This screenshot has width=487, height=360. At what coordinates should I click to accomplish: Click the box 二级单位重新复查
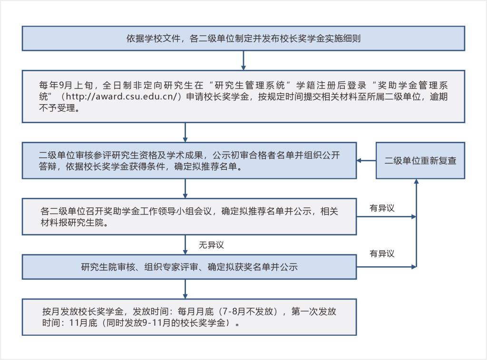(x=420, y=161)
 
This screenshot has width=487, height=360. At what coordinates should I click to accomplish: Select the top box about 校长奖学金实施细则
(x=243, y=39)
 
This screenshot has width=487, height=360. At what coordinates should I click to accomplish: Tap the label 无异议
(x=211, y=245)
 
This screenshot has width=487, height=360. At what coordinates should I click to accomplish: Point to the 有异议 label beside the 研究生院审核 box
(x=382, y=254)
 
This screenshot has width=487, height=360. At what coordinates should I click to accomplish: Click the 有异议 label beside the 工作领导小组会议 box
(x=382, y=208)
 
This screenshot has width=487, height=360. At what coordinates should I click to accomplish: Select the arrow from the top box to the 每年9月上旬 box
(x=243, y=60)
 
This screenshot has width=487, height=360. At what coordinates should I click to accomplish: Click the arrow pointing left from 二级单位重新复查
(x=366, y=161)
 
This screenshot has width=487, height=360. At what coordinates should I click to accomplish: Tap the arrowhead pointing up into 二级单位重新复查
(x=417, y=182)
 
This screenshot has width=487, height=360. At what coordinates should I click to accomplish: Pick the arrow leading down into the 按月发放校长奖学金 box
(x=185, y=289)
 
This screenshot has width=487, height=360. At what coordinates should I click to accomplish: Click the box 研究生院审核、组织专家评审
(x=189, y=267)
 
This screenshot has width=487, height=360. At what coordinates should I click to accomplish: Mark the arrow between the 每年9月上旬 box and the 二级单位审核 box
(x=185, y=132)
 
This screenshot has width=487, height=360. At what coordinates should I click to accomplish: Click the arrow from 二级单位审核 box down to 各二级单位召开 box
(x=185, y=188)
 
